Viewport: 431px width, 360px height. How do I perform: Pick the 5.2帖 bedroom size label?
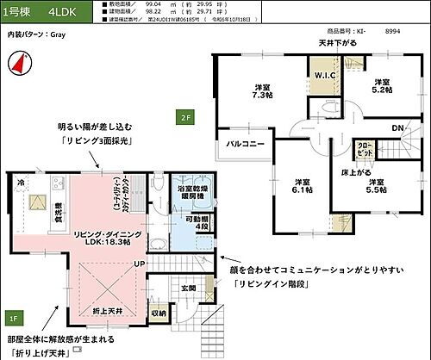(x=381, y=84)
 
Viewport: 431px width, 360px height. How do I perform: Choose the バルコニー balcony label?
(x=246, y=143)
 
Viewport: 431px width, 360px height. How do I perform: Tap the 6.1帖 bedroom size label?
(x=302, y=187)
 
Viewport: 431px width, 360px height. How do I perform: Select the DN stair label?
(x=399, y=128)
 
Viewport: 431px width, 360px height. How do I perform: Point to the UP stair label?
(x=138, y=262)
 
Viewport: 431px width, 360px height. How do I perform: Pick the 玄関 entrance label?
(x=189, y=288)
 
